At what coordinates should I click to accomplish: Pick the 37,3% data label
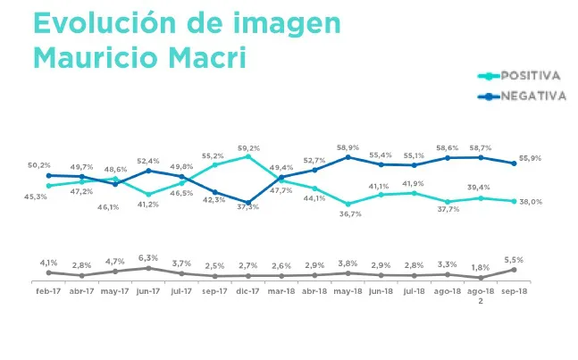(x=248, y=207)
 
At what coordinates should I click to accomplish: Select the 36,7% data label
(x=348, y=214)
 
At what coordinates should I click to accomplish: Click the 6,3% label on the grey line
(x=148, y=258)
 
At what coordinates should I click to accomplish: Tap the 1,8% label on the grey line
(x=482, y=267)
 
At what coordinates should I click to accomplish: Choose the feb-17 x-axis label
(x=48, y=292)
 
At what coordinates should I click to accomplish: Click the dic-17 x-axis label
(x=248, y=292)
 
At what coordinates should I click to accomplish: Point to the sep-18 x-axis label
(x=515, y=292)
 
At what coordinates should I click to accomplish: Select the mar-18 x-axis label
(x=281, y=292)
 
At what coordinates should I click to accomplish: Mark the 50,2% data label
(x=38, y=165)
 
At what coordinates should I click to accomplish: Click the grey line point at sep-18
(x=515, y=270)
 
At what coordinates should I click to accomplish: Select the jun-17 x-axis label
(x=148, y=292)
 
